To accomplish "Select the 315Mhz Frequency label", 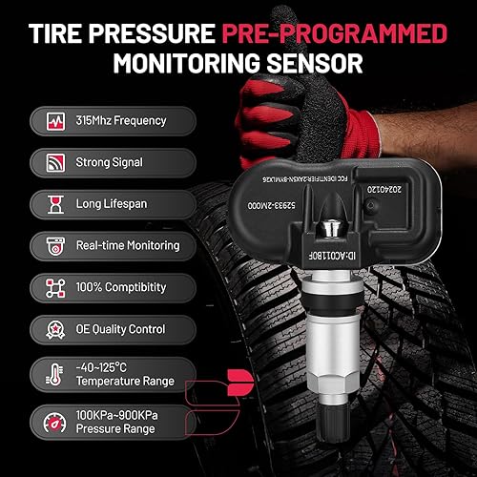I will pos(120,121).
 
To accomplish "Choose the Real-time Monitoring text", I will pos(128,245).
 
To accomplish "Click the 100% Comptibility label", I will pos(120,286).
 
